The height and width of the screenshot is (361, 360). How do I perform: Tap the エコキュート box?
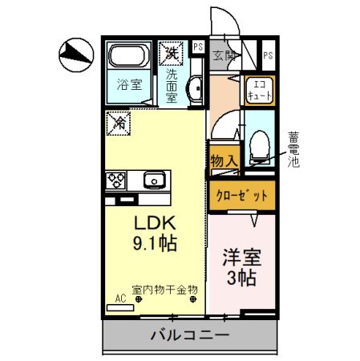pos(259,91)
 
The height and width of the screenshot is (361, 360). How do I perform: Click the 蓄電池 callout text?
pos(293,149)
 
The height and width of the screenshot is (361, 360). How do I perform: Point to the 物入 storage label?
pos(224,161)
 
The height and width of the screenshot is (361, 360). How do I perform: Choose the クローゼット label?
pos(242,195)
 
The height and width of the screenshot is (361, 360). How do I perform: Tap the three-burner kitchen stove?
pos(115,179)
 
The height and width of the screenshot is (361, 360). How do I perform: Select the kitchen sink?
pos(153,180)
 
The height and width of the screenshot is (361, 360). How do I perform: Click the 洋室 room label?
pos(241,258)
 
